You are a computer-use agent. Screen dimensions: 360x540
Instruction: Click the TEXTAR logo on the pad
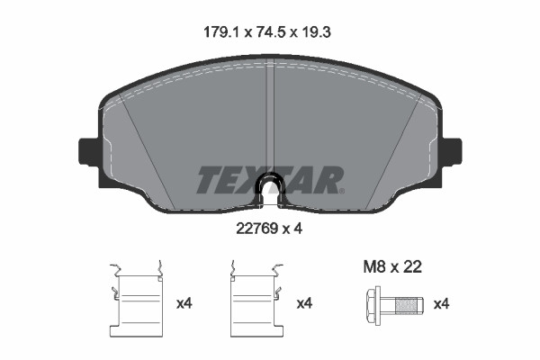pyautogui.click(x=270, y=180)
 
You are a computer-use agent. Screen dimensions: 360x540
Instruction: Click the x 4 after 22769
pyautogui.click(x=294, y=229)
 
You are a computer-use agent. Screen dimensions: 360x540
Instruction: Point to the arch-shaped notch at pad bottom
pyautogui.click(x=270, y=186)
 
